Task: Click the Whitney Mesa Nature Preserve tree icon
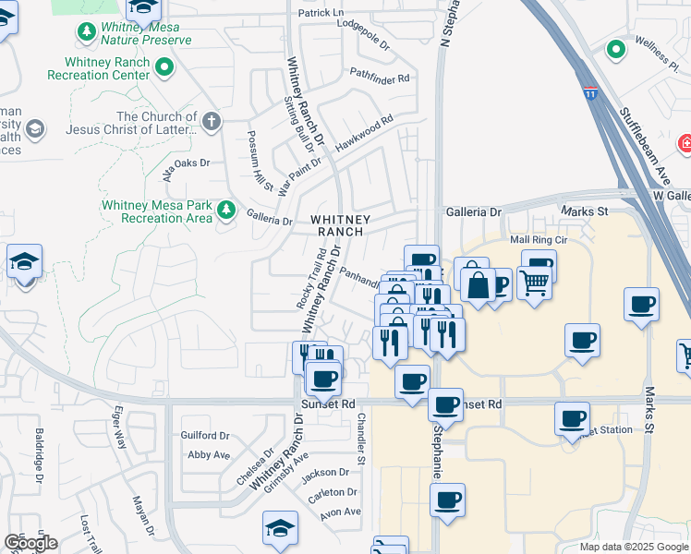(87, 32)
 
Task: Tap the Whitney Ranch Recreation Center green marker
(164, 66)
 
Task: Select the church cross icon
(212, 121)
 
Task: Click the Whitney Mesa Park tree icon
(225, 211)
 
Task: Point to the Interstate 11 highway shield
(590, 93)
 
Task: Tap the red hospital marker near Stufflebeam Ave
(685, 143)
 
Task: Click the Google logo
(30, 543)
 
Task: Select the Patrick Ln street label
(320, 14)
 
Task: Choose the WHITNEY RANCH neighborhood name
(340, 225)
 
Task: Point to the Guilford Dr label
(205, 436)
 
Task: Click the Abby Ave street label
(208, 454)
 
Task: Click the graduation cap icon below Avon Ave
(280, 527)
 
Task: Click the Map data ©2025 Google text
(633, 547)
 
